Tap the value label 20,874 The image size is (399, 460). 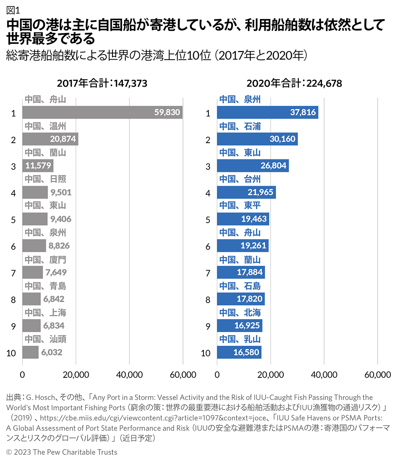coord(63,139)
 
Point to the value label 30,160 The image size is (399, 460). coord(283,139)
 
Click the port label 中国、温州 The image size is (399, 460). coord(45,126)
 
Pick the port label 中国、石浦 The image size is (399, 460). coord(240,126)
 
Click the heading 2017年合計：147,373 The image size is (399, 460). coord(102,84)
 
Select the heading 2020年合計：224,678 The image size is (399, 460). coord(294,84)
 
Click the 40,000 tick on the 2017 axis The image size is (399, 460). coord(129,375)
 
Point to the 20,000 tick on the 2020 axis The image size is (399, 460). coord(270,375)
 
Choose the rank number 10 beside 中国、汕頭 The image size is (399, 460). coord(11,353)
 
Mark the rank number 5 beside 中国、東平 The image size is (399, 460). coord(208,220)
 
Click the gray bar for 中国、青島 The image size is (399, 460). coord(31,299)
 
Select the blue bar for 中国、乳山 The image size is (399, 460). coord(239,353)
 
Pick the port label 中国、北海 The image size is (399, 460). coord(240,313)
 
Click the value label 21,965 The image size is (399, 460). coord(261,192)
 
